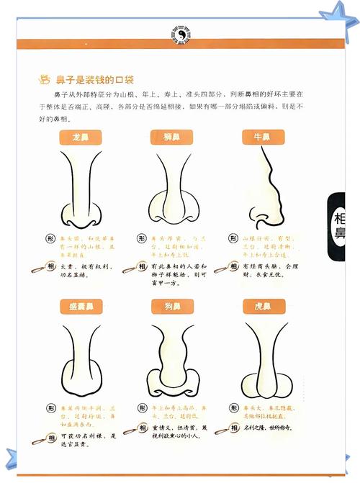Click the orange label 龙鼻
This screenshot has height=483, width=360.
pyautogui.click(x=81, y=137)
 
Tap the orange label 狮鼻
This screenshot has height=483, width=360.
pyautogui.click(x=171, y=137)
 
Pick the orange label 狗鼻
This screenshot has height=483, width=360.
pyautogui.click(x=171, y=307)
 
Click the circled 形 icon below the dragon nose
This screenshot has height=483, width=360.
pyautogui.click(x=50, y=238)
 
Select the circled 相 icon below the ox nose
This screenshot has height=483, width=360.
pyautogui.click(x=233, y=266)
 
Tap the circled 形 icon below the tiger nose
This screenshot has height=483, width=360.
pyautogui.click(x=233, y=408)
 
